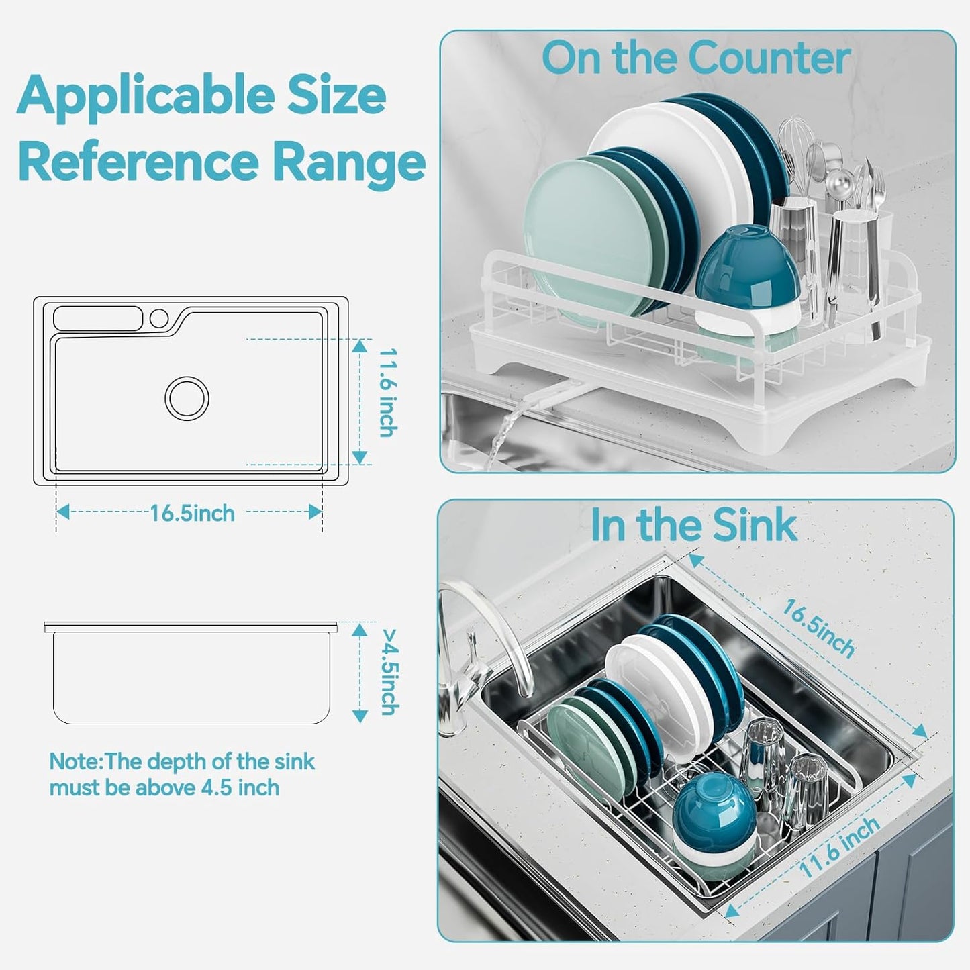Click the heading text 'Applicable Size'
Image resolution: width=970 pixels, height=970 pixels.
[x=201, y=96]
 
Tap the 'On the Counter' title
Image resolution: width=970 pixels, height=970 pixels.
[x=695, y=58]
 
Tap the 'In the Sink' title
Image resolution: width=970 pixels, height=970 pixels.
[x=693, y=525]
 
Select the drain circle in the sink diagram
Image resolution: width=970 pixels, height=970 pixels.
[x=187, y=398]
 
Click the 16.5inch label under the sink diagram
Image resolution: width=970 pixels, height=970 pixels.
[x=192, y=514]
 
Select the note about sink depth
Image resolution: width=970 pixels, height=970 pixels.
[x=181, y=774]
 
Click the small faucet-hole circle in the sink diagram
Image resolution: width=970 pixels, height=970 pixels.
[x=160, y=318]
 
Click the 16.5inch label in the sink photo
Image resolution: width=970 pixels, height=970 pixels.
[x=818, y=628]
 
